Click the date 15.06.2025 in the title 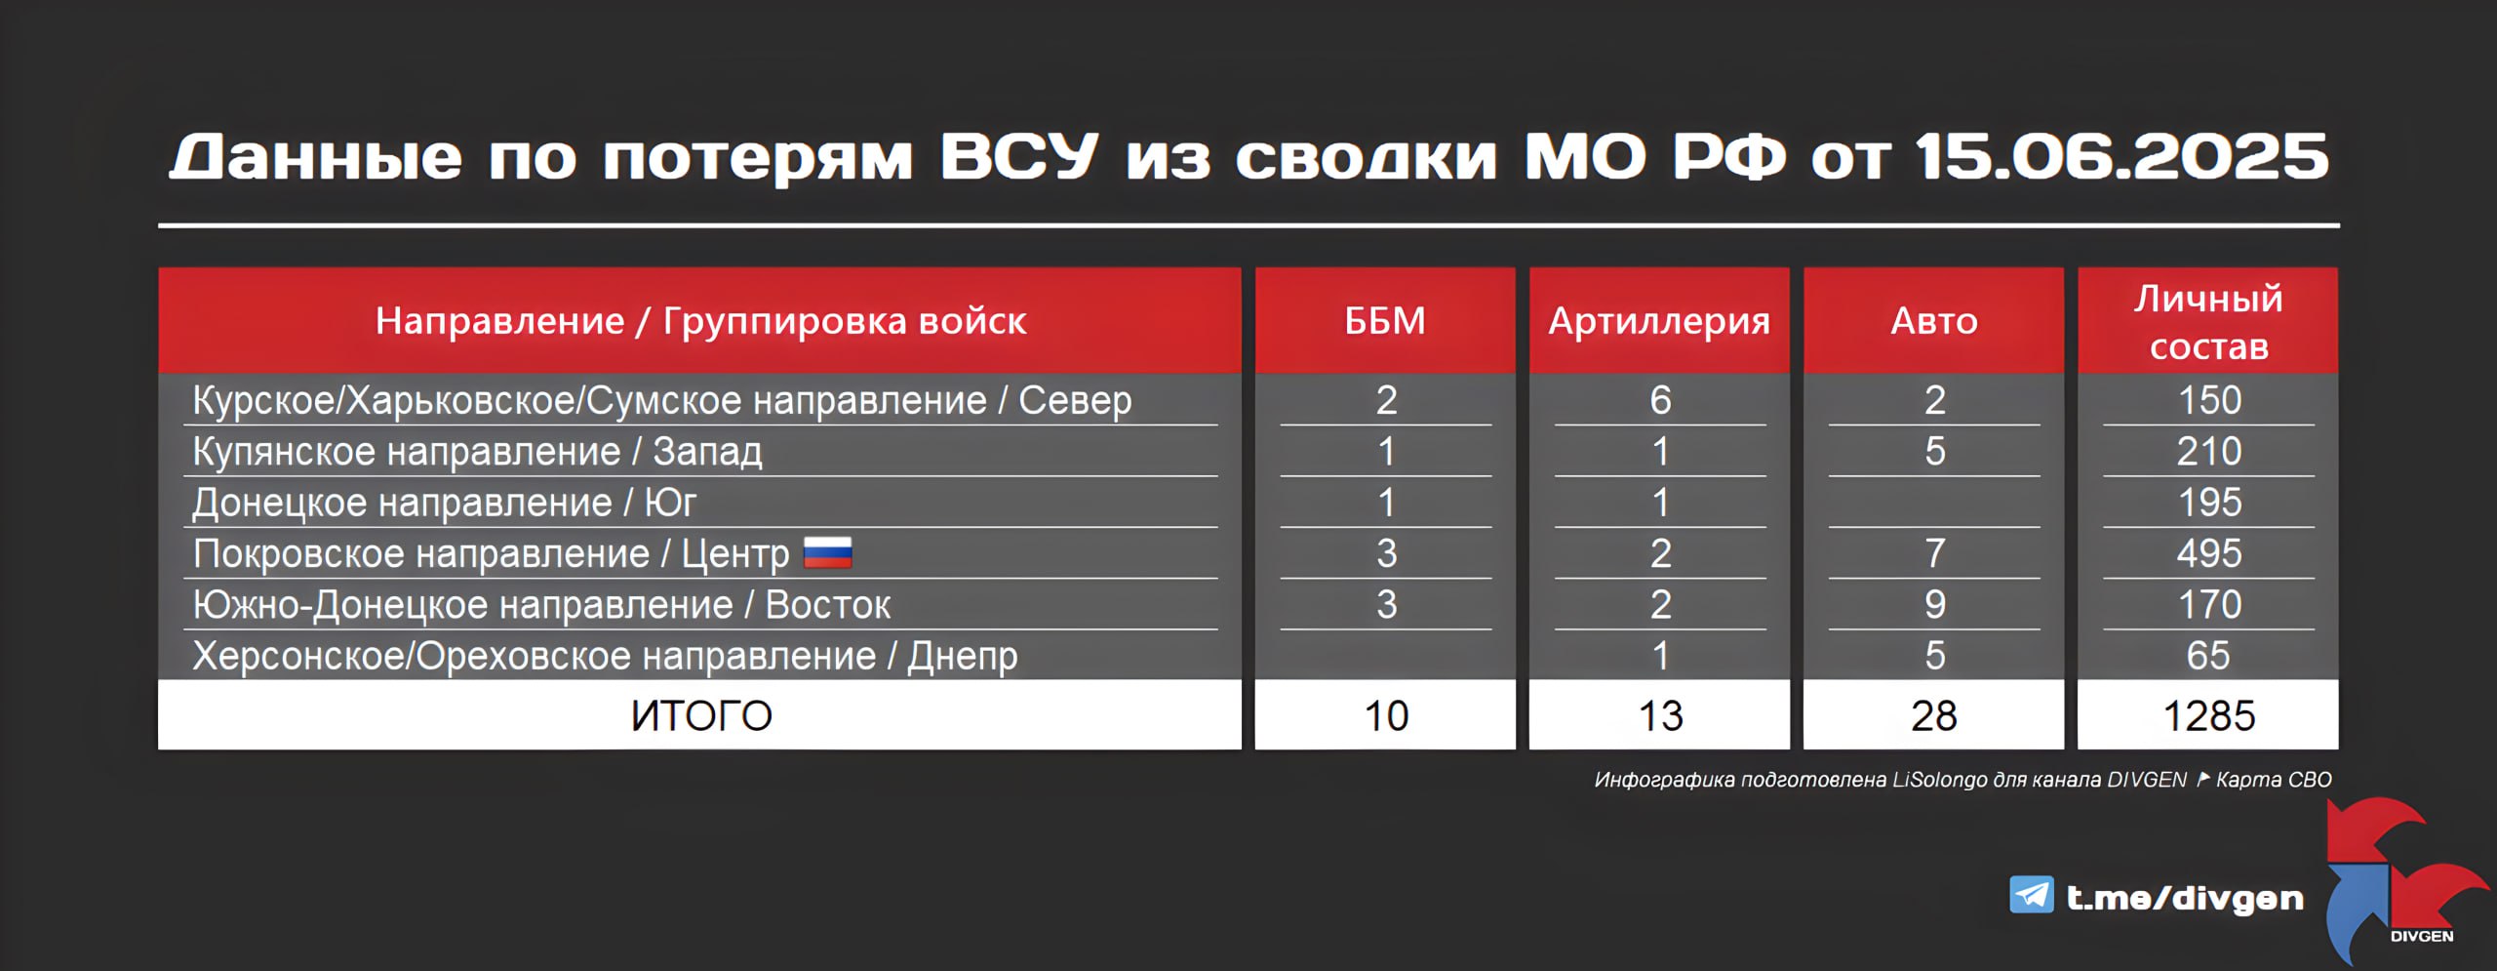[x=2121, y=156]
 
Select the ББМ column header [x=1385, y=320]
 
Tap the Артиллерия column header [x=1659, y=321]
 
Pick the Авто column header [x=1934, y=321]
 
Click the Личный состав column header [x=2208, y=322]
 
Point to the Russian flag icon [x=827, y=553]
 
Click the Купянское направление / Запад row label [x=477, y=452]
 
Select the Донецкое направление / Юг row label [x=444, y=503]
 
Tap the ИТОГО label [x=701, y=715]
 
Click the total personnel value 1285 [x=2209, y=715]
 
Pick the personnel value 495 [x=2209, y=553]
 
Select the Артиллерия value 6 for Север [x=1660, y=400]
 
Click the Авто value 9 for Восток [x=1935, y=604]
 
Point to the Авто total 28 [x=1934, y=715]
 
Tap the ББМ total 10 [x=1386, y=715]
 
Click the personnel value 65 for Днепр [x=2209, y=655]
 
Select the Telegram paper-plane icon [x=2032, y=895]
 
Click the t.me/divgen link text [x=2185, y=897]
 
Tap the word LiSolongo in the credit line [x=1939, y=780]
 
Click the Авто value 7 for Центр [x=1935, y=553]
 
